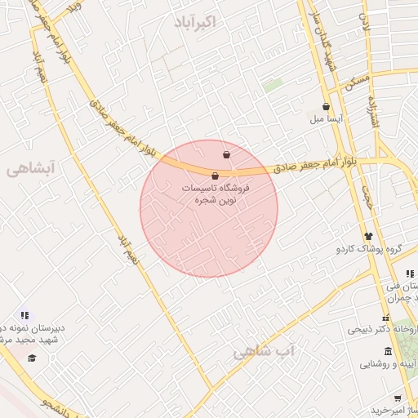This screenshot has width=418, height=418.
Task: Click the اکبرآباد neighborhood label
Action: pos(196,22)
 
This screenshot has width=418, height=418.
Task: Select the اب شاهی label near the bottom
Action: pos(264,352)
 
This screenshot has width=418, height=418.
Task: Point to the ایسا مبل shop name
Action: pos(329,119)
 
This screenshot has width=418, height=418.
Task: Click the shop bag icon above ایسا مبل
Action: pos(327,106)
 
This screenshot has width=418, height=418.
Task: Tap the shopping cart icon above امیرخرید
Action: pos(398,398)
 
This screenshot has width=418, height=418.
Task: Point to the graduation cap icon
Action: pos(32,358)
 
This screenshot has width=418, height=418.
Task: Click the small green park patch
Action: pos(273,84)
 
